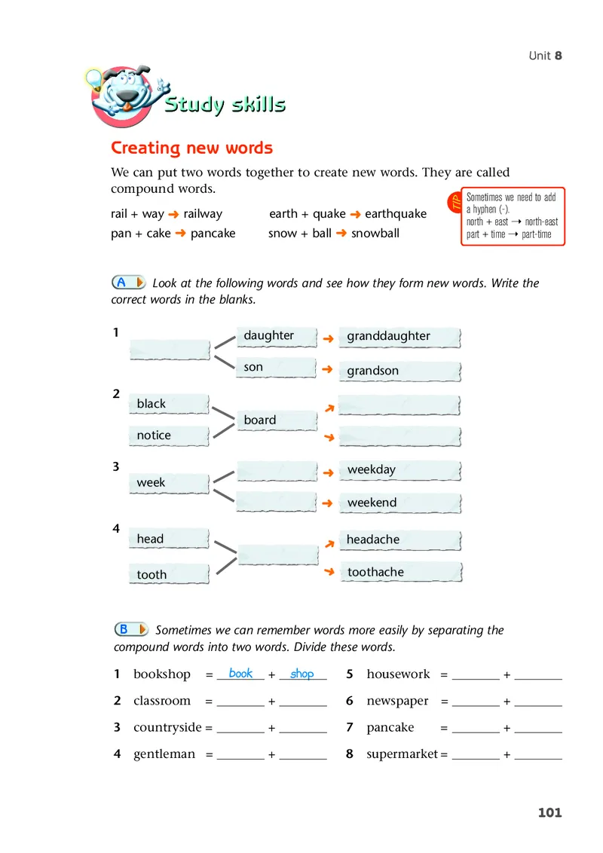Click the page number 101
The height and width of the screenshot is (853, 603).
click(549, 812)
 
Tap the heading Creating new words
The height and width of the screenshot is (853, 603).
click(191, 148)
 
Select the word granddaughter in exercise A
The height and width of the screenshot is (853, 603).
click(387, 336)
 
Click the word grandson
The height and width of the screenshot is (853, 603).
click(372, 371)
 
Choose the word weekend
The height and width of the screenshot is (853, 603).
click(372, 503)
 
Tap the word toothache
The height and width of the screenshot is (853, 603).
click(375, 572)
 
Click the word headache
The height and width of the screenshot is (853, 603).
click(372, 540)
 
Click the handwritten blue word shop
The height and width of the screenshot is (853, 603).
click(301, 674)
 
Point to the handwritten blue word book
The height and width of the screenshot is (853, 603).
click(240, 673)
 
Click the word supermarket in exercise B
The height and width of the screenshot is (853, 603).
click(402, 754)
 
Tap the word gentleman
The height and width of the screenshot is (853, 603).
click(164, 754)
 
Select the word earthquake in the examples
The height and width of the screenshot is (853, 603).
click(395, 214)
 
